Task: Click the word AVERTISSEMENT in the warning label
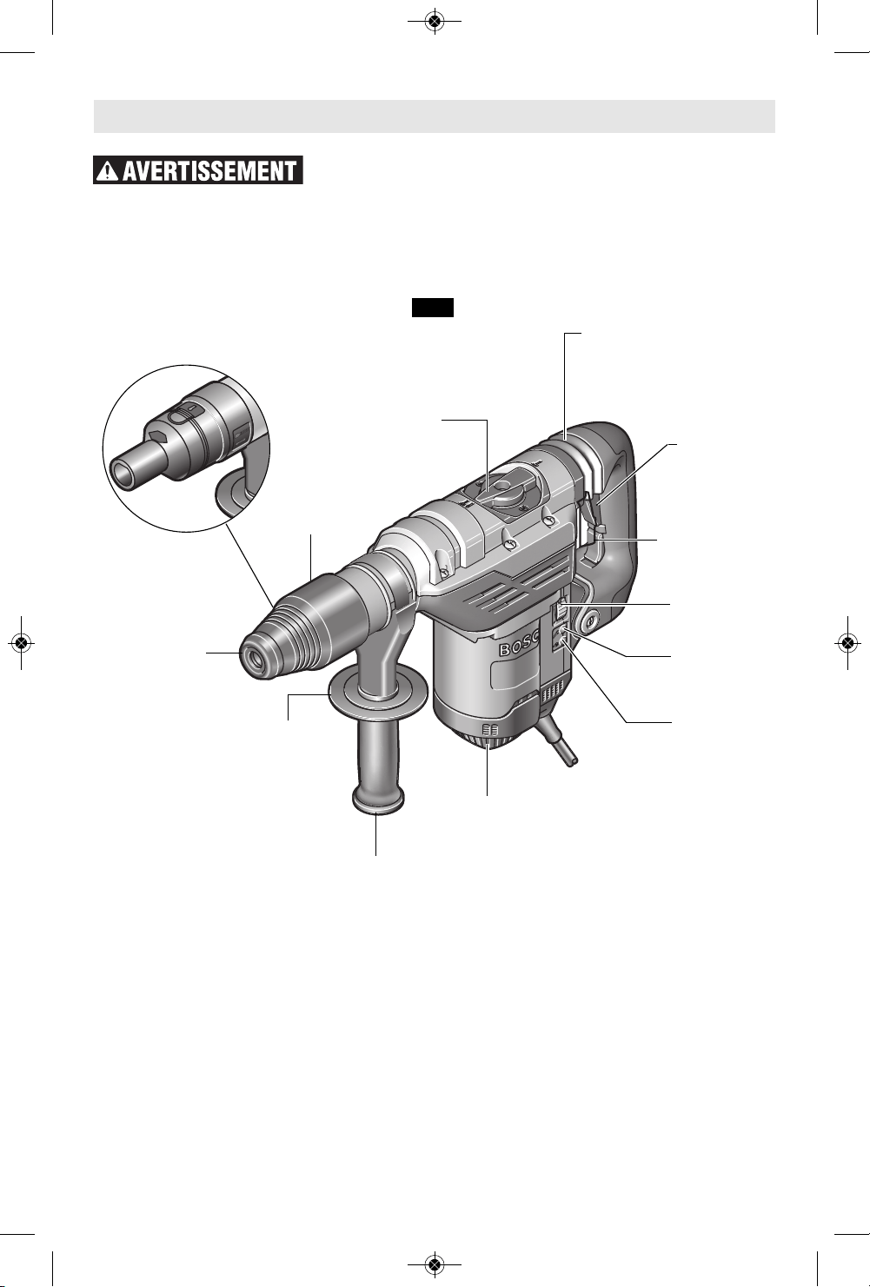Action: pos(209,171)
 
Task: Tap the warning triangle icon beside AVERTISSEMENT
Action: pos(108,171)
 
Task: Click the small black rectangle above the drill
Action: pos(433,308)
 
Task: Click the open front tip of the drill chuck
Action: pos(256,659)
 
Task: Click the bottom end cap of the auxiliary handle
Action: pos(377,801)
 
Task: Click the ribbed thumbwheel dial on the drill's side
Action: pos(559,614)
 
